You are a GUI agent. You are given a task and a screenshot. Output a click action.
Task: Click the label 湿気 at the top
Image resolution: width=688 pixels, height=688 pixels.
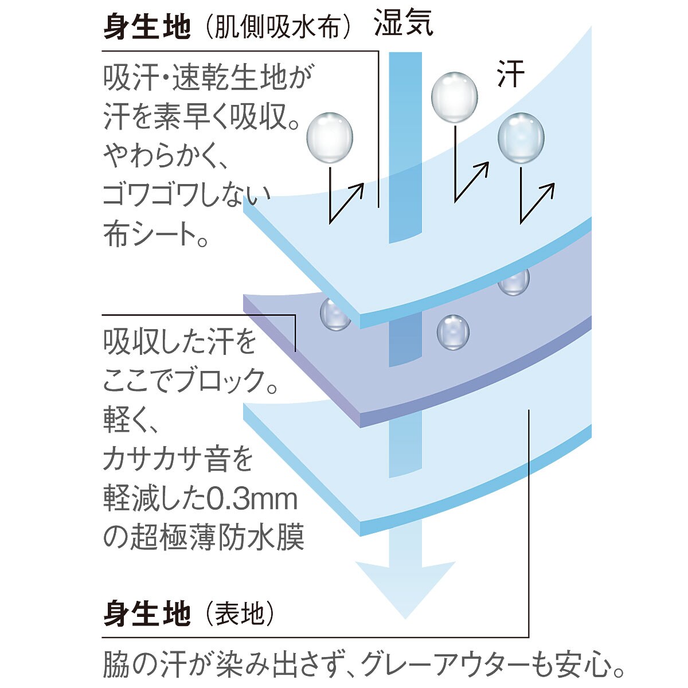404,23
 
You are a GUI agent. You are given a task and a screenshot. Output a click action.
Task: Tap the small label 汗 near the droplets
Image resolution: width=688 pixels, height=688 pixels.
511,73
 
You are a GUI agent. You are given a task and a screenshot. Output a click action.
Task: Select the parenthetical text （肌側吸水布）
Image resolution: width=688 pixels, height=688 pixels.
277,26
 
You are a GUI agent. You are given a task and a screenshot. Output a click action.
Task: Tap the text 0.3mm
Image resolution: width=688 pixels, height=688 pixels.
252,499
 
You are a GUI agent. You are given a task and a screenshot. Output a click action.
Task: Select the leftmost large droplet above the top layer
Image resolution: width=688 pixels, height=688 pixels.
330,138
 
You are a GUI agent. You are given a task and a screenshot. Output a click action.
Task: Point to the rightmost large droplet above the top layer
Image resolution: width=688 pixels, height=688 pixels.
521,138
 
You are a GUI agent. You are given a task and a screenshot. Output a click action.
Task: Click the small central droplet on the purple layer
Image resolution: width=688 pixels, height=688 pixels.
453,333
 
